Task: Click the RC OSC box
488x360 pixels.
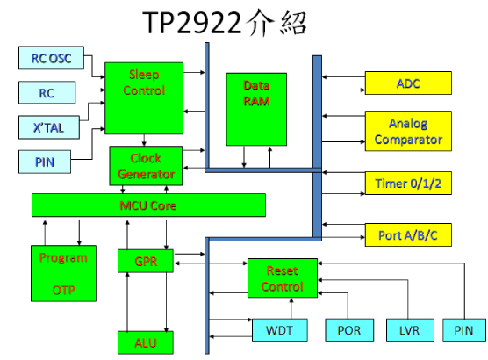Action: (x=51, y=58)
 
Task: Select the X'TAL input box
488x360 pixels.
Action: (x=49, y=127)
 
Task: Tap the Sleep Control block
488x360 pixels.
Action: (x=144, y=98)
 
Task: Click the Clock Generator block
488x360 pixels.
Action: (x=146, y=166)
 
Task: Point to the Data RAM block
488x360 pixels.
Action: (x=256, y=109)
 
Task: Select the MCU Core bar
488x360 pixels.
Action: (x=148, y=205)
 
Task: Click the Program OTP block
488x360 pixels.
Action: (x=63, y=273)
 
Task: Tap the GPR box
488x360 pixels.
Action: (x=146, y=261)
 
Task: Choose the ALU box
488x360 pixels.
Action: (x=146, y=342)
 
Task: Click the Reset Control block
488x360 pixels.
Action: (x=283, y=277)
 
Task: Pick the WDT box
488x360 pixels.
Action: (x=279, y=330)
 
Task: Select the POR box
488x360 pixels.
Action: (x=349, y=330)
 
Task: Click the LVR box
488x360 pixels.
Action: (x=410, y=330)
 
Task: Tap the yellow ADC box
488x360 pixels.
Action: (x=408, y=83)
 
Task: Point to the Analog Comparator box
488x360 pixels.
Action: (x=408, y=131)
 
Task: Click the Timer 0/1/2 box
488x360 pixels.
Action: (x=408, y=184)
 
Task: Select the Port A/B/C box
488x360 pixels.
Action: (x=408, y=234)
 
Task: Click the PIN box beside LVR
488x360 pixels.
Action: (x=464, y=330)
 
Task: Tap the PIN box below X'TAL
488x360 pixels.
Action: (x=45, y=162)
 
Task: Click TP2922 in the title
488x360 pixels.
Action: (x=192, y=23)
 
